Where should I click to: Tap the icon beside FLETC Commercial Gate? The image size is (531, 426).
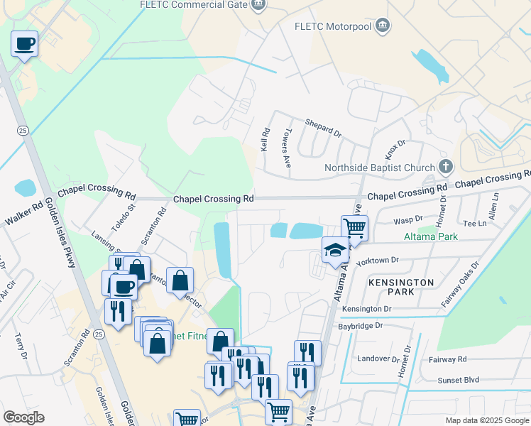click(x=260, y=6)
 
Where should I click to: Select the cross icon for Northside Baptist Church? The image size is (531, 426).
click(x=445, y=167)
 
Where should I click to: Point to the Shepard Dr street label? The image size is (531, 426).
click(x=323, y=126)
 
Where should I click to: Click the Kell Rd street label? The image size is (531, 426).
click(x=265, y=139)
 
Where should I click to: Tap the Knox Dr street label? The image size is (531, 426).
click(x=395, y=148)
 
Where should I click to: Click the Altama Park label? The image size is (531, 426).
click(x=430, y=236)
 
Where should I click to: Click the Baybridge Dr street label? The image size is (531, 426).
click(x=362, y=325)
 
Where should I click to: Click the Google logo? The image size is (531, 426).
click(x=23, y=417)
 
